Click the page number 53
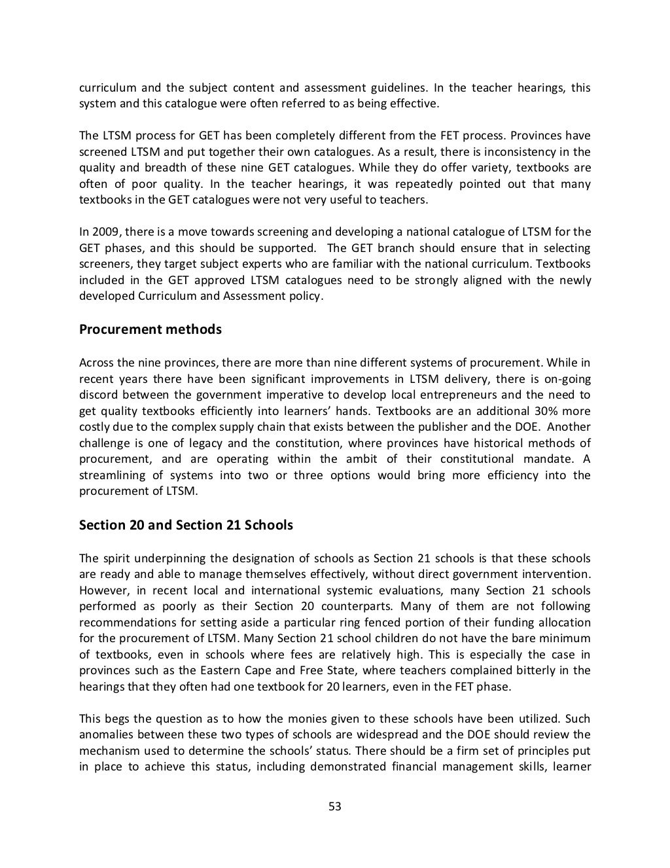pyautogui.click(x=335, y=806)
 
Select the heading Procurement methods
pyautogui.click(x=150, y=329)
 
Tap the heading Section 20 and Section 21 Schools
pyautogui.click(x=186, y=525)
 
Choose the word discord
pyautogui.click(x=99, y=395)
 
